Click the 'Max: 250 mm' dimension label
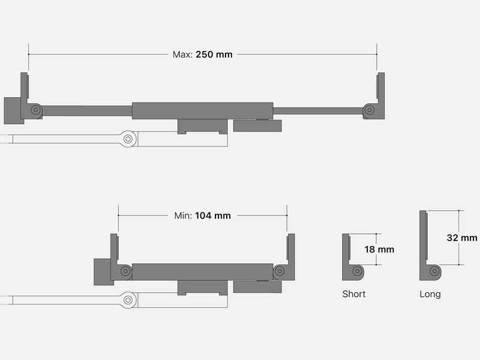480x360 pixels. [x=202, y=55]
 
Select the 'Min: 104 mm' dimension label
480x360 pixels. [x=202, y=216]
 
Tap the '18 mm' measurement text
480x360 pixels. [x=379, y=250]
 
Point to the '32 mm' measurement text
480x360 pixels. [x=462, y=238]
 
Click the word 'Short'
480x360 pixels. [x=354, y=294]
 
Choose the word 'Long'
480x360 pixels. [x=430, y=295]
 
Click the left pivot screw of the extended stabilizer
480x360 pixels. [x=36, y=110]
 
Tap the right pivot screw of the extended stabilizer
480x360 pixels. [x=370, y=110]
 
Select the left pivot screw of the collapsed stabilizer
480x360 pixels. [x=125, y=271]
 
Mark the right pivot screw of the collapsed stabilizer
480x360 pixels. [x=279, y=271]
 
